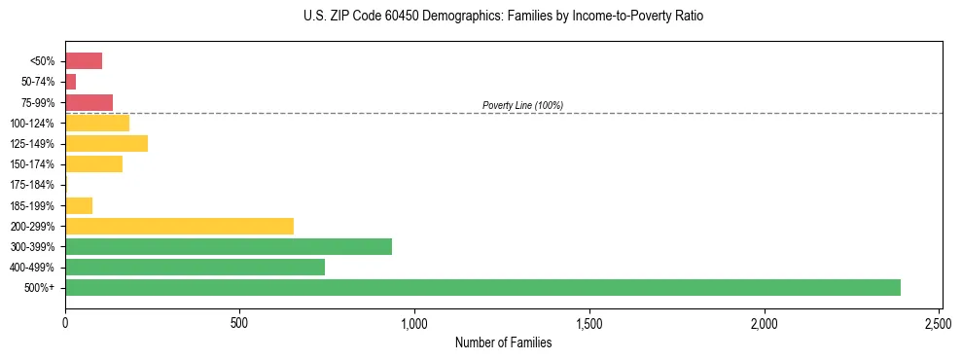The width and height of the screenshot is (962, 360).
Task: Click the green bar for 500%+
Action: click(x=482, y=287)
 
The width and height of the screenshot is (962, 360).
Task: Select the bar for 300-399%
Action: click(x=229, y=246)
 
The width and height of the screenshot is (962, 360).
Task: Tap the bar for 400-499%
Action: click(x=195, y=267)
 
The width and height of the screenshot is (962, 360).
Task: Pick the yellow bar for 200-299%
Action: click(x=179, y=226)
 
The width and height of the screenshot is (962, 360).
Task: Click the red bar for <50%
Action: click(x=84, y=61)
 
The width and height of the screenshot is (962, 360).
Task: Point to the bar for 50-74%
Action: click(x=71, y=82)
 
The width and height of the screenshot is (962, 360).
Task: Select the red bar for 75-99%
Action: click(x=89, y=102)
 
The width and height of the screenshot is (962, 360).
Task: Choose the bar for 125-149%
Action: click(x=106, y=143)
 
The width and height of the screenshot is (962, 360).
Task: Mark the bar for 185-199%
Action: click(x=79, y=205)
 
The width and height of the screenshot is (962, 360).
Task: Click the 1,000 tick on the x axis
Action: click(x=414, y=322)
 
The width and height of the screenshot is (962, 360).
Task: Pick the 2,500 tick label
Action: click(x=939, y=322)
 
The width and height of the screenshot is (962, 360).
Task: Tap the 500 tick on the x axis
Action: click(x=239, y=322)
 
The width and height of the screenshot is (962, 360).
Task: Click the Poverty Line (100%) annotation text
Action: click(x=522, y=105)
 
